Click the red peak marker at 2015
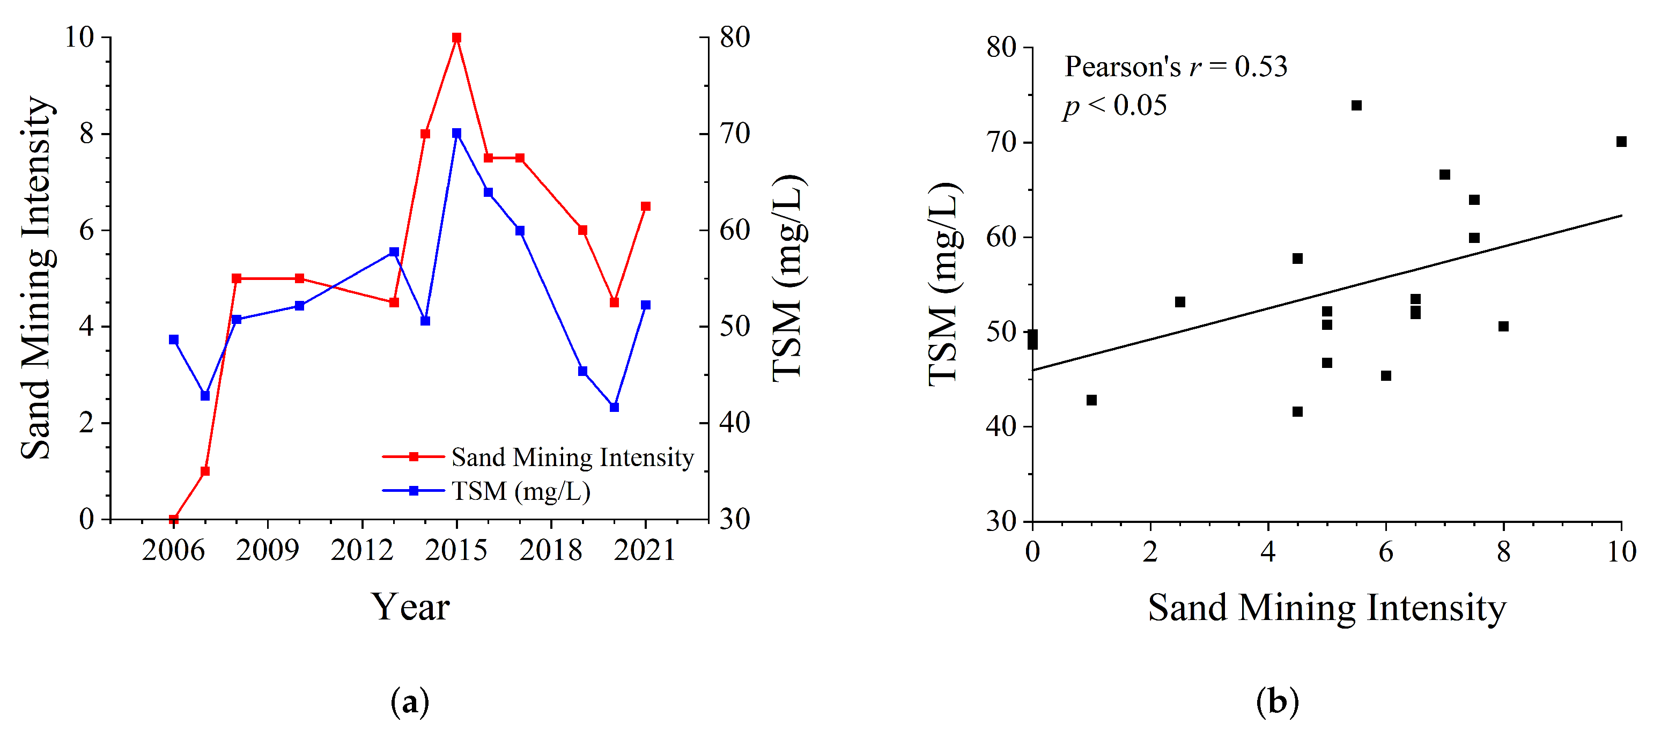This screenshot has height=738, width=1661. click(x=456, y=38)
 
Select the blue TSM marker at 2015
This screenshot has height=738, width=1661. click(x=456, y=134)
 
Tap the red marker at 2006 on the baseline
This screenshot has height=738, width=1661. click(x=173, y=519)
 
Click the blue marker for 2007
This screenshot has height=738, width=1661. click(x=205, y=396)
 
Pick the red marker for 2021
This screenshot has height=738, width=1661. click(x=645, y=206)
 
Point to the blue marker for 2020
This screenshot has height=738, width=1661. click(x=614, y=408)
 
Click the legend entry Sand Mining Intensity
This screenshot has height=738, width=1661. click(x=572, y=457)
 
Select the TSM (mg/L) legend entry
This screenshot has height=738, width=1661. click(x=520, y=491)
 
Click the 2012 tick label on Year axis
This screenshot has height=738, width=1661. click(x=361, y=550)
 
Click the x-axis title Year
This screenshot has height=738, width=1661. click(x=410, y=607)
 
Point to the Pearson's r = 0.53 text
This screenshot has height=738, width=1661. click(x=1175, y=67)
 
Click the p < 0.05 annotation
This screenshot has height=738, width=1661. click(x=1115, y=106)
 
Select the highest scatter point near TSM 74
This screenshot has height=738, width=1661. click(x=1357, y=105)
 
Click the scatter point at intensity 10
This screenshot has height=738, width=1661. click(x=1621, y=142)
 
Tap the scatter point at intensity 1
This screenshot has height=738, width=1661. click(x=1091, y=400)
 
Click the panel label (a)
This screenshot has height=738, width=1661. click(x=410, y=702)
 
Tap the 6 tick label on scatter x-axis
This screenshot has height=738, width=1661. click(x=1386, y=552)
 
